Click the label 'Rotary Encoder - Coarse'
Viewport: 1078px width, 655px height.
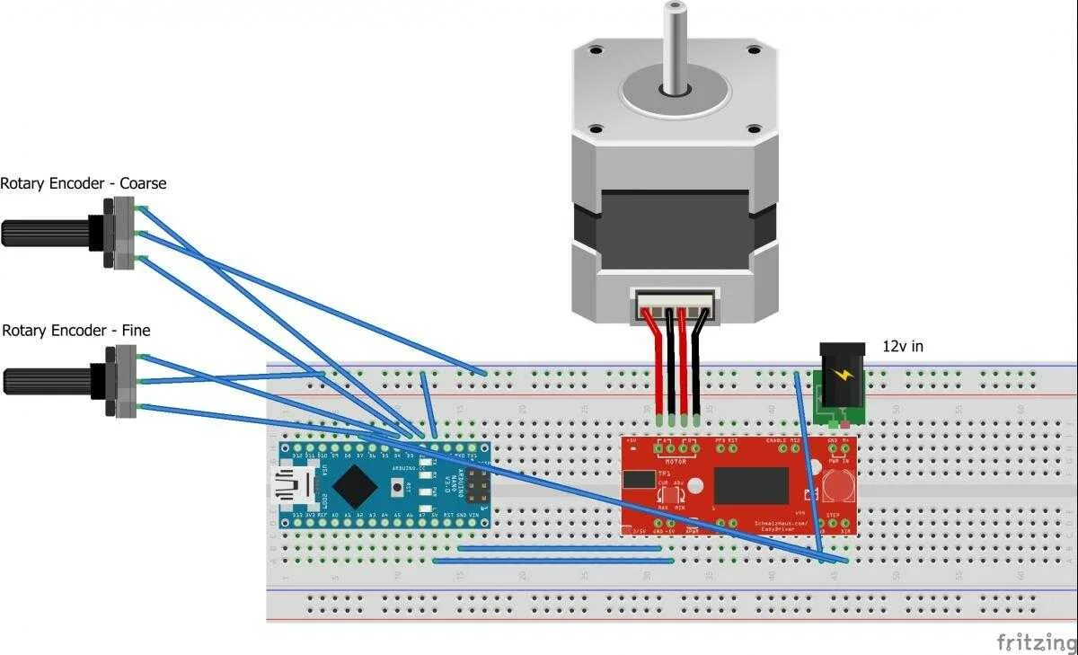tap(84, 183)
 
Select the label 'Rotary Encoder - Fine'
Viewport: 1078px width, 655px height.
tap(75, 331)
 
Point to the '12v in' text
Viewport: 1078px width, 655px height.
tap(902, 346)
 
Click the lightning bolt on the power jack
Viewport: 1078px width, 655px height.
tap(842, 376)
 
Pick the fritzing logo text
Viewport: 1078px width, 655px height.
tap(1036, 642)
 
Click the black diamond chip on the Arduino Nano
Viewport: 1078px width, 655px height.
tap(355, 486)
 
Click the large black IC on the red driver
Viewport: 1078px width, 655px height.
tap(750, 485)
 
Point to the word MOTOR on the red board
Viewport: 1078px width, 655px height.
tap(675, 462)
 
